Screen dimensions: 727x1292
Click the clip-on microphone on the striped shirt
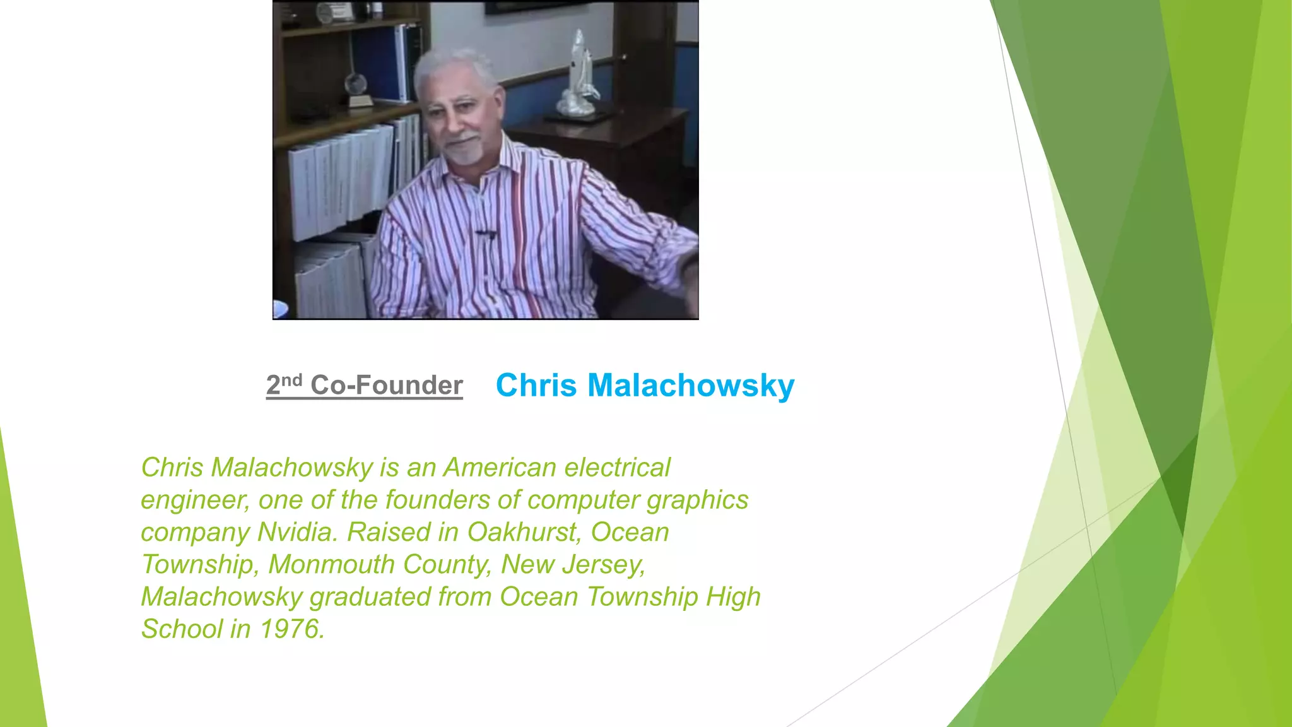(x=486, y=235)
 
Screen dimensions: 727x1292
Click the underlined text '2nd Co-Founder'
(x=364, y=385)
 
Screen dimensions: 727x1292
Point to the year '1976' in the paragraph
(x=292, y=629)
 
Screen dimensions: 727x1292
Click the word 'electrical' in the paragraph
(x=617, y=468)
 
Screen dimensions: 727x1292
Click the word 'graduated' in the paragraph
(x=370, y=596)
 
